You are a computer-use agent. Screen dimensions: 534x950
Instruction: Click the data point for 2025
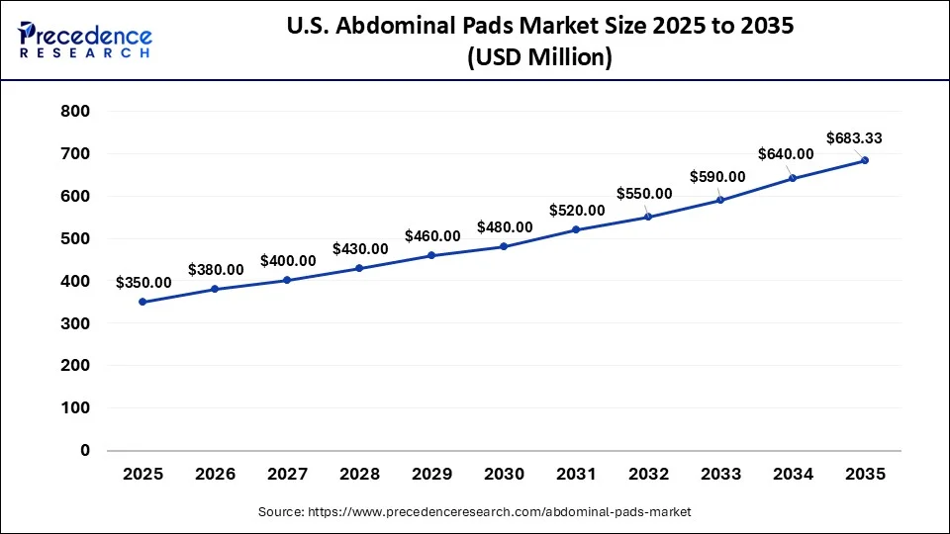(x=142, y=302)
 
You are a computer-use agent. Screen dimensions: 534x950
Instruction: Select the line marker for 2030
(x=504, y=246)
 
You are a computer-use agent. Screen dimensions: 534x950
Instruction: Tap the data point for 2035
(x=865, y=160)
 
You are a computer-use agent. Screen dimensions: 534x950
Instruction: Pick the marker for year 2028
(x=359, y=268)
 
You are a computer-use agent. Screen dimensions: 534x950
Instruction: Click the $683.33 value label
(x=854, y=138)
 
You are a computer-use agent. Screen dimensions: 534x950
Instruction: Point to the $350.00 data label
(x=143, y=282)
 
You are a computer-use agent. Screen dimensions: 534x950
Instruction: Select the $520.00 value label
(x=577, y=210)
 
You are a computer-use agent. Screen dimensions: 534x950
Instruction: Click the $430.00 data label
(x=360, y=248)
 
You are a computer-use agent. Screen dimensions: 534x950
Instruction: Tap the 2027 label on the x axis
(x=287, y=475)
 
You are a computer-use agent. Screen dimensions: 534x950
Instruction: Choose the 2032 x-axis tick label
(x=648, y=475)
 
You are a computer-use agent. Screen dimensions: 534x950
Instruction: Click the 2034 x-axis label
(x=793, y=475)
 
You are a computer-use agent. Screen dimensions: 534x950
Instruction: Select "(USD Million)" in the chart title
(x=539, y=57)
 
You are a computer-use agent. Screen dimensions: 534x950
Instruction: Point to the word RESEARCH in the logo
(x=85, y=53)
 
